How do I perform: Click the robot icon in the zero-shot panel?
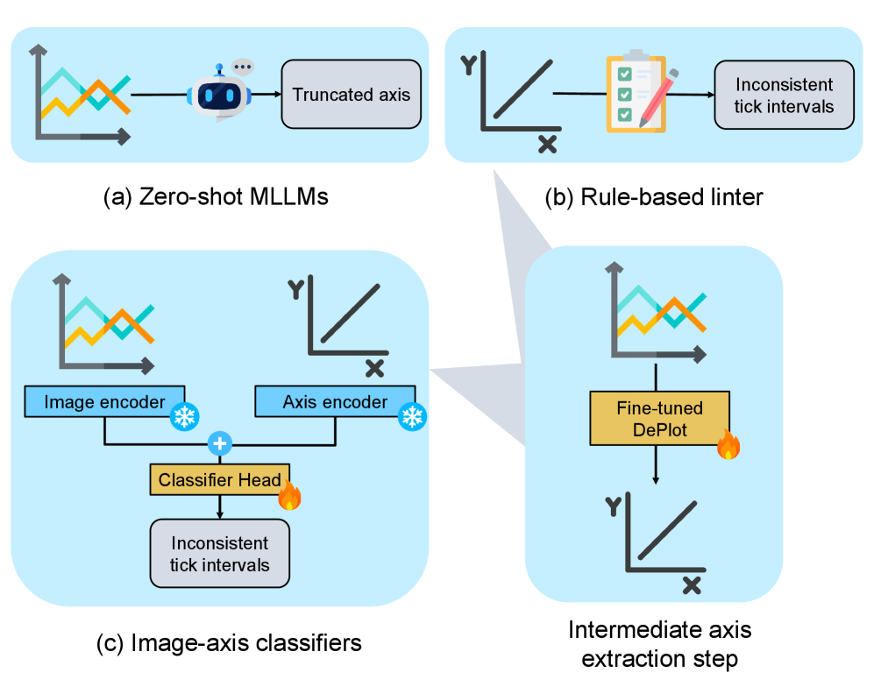219,95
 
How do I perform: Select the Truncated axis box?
351,95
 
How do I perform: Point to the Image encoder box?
104,402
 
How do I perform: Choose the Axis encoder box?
335,402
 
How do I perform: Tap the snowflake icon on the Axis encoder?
411,417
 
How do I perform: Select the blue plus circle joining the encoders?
220,444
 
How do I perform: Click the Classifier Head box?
219,479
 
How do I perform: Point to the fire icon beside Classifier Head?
289,497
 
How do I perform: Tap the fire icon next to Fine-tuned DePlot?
728,446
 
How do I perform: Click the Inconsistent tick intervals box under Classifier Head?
220,554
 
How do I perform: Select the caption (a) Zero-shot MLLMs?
216,197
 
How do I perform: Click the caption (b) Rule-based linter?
653,197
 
